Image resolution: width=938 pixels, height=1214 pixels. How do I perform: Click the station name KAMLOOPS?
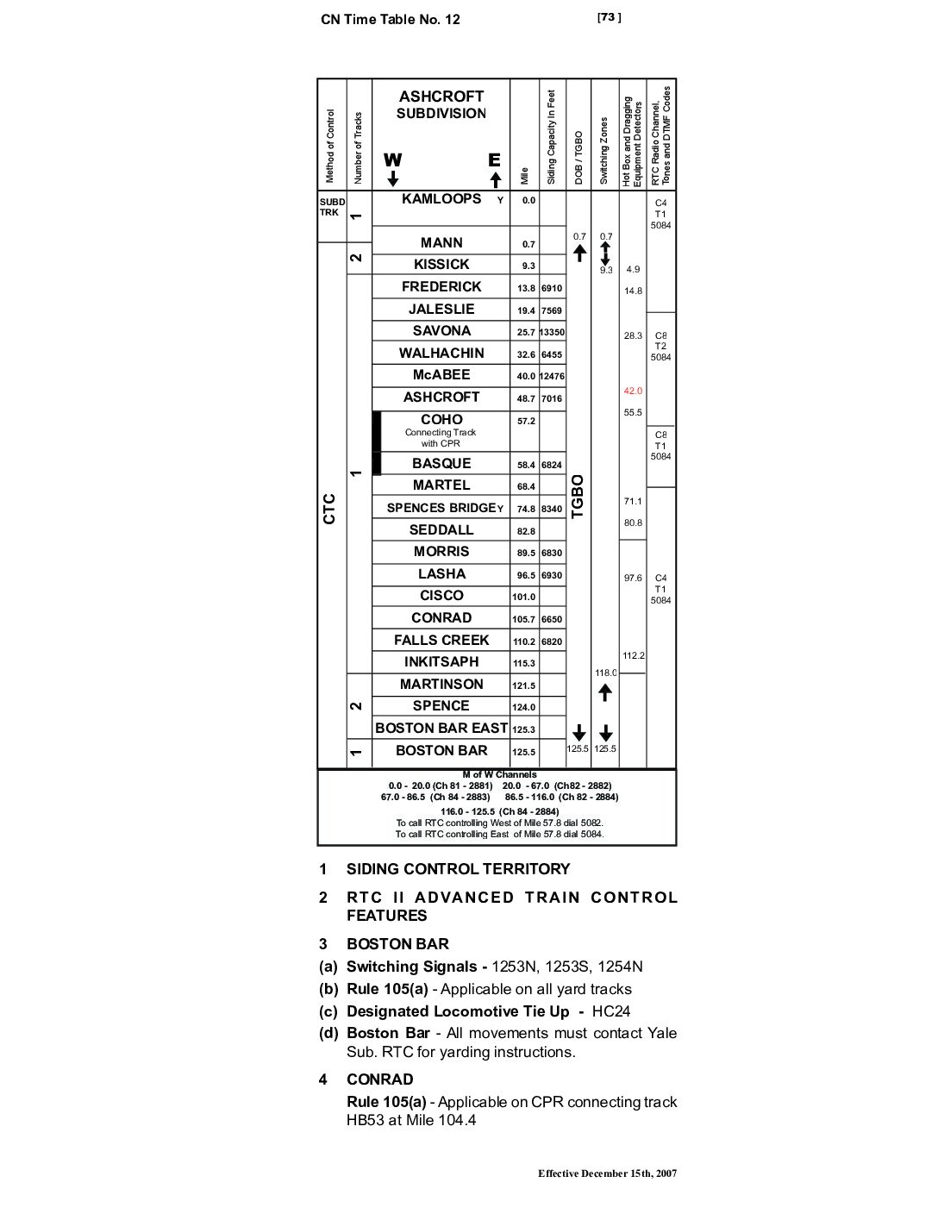(441, 199)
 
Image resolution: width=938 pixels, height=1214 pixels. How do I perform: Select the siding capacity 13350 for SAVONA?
(553, 333)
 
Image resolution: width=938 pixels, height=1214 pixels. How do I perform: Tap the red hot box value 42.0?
(633, 391)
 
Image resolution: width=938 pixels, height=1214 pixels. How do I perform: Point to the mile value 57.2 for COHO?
(526, 422)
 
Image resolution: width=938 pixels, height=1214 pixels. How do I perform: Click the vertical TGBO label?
(578, 497)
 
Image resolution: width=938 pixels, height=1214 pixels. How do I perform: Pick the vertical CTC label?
(329, 509)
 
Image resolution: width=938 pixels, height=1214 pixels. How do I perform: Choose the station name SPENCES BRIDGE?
(441, 508)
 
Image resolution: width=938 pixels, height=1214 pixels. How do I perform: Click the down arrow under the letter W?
(393, 178)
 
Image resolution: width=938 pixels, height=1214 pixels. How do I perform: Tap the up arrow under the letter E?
(495, 180)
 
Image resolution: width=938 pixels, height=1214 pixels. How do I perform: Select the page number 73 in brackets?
(610, 17)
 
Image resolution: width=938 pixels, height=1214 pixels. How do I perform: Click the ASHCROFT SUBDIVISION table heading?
(441, 104)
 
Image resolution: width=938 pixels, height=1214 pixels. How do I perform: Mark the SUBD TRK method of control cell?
(332, 207)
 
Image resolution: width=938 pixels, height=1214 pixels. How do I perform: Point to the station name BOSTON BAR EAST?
(441, 729)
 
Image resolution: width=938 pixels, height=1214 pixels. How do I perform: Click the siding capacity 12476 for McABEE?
(553, 377)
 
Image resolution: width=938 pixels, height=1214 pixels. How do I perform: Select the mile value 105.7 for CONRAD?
(524, 620)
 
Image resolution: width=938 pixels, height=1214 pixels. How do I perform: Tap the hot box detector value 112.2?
(634, 656)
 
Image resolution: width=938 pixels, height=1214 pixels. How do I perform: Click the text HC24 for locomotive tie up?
(611, 1011)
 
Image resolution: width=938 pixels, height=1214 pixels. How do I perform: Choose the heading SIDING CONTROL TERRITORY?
(458, 869)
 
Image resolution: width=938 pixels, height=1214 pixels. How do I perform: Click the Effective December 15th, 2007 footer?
(607, 1173)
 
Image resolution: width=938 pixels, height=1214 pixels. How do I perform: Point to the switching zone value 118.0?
(605, 673)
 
